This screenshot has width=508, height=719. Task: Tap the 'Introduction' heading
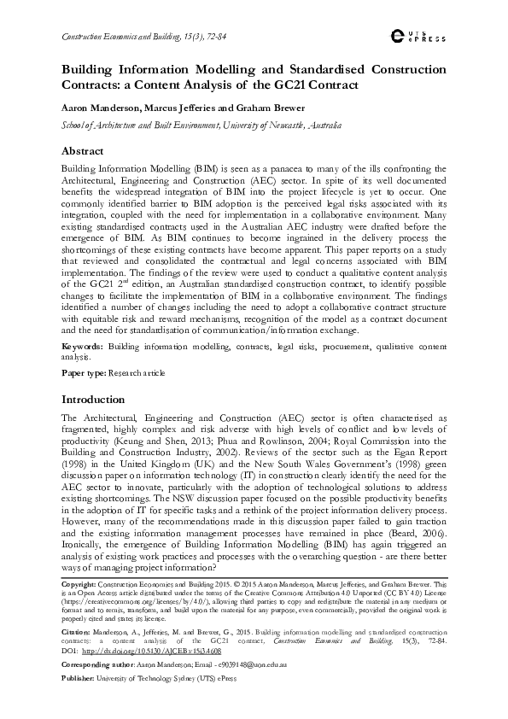coord(92,399)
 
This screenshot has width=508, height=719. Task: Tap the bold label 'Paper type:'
coord(84,374)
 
